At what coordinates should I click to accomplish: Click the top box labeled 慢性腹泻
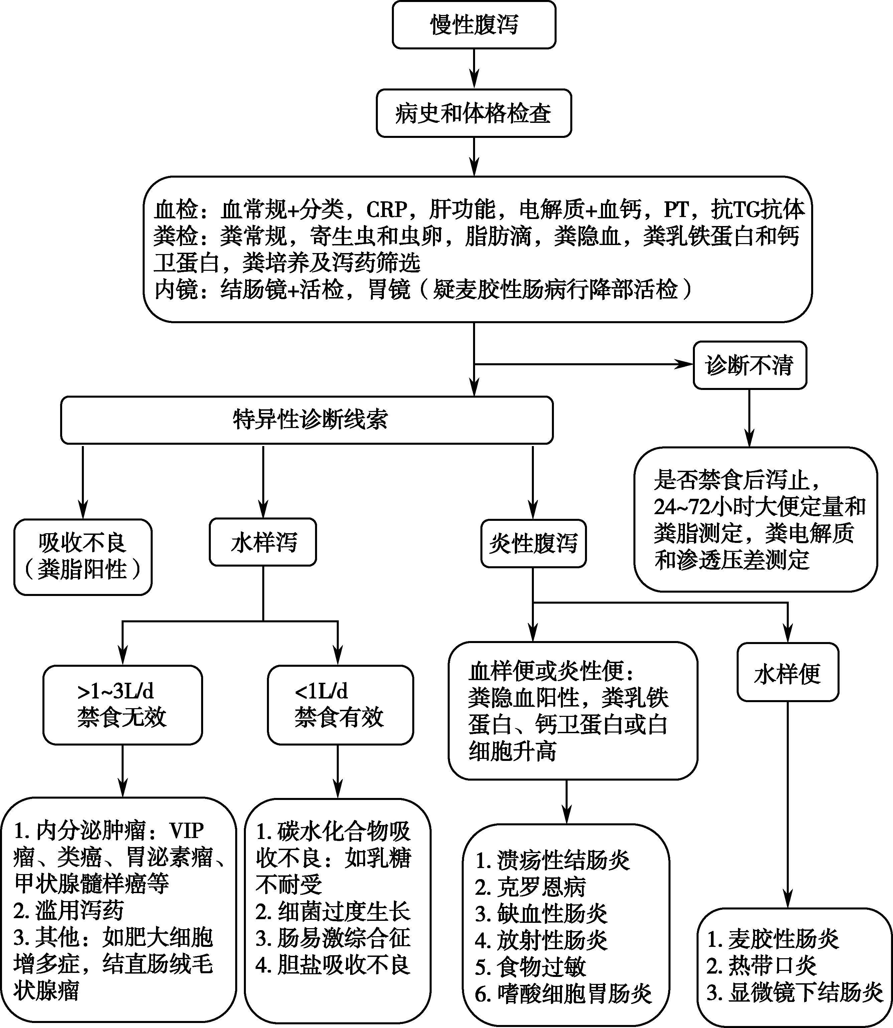474,25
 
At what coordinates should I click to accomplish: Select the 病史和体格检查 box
474,114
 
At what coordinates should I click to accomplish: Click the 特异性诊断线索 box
307,420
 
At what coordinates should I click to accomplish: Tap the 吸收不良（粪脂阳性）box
83,557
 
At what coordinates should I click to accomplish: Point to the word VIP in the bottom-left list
186,830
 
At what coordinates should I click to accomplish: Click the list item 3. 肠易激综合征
333,938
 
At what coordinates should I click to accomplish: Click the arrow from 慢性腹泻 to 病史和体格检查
474,69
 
